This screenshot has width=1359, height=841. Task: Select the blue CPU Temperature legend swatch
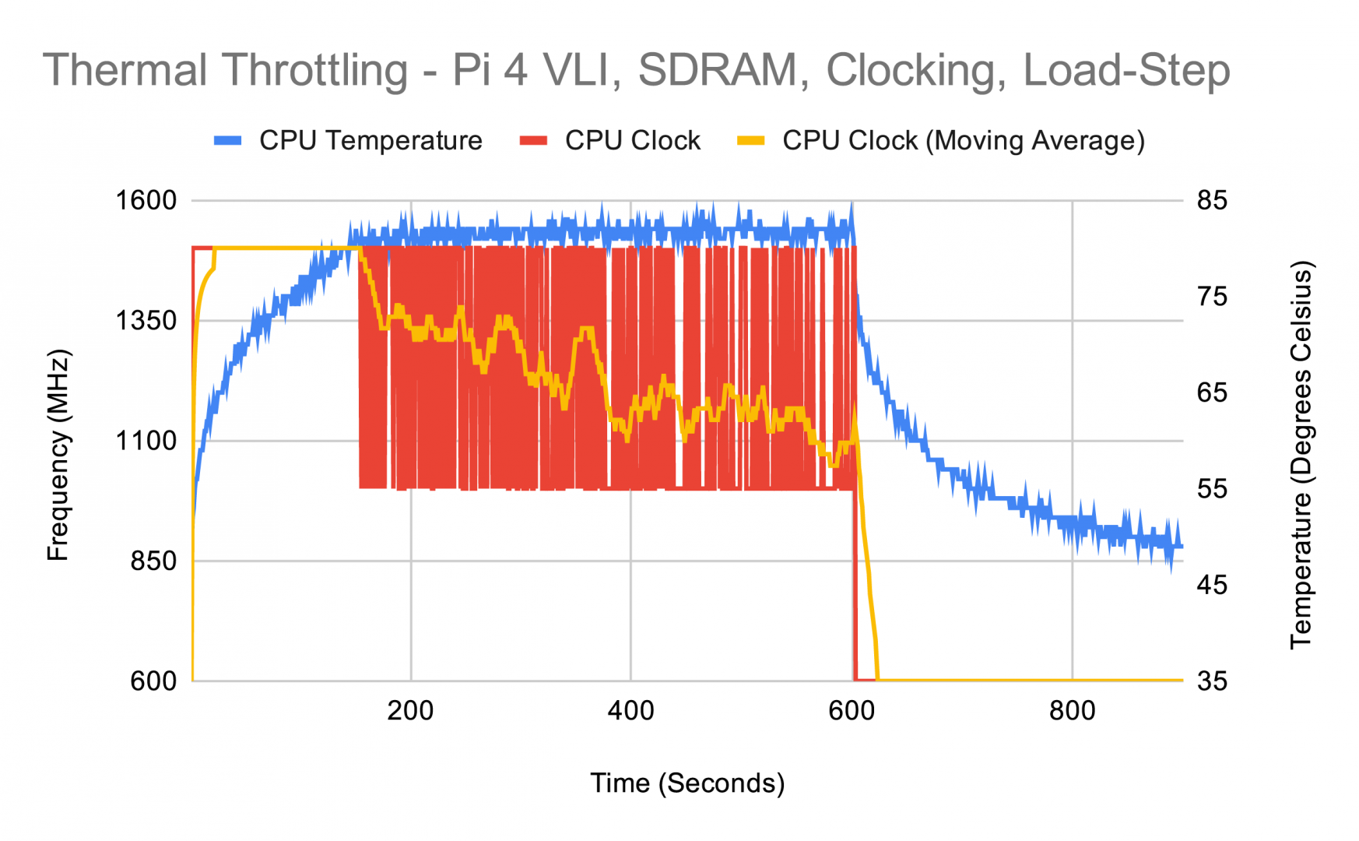(x=227, y=141)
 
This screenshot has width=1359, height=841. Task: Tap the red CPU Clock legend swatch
(x=533, y=141)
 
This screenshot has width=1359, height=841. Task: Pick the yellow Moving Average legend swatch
(x=750, y=141)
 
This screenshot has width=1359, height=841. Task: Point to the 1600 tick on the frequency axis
(x=146, y=201)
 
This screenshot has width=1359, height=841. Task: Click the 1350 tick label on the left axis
(x=146, y=321)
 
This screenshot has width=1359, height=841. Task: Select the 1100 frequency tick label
(x=146, y=442)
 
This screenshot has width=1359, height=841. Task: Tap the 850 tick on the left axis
(x=153, y=561)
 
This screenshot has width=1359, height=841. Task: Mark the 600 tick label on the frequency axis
(x=153, y=681)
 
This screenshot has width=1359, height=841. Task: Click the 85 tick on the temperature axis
(x=1212, y=201)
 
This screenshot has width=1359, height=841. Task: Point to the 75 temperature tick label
(x=1212, y=297)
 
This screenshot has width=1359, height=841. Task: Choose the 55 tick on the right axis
(x=1212, y=489)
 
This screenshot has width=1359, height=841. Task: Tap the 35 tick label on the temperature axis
(x=1212, y=681)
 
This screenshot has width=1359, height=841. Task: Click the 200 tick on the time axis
(x=411, y=711)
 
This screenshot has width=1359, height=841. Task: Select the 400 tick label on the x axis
(x=630, y=711)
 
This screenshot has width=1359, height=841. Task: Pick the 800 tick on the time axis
(x=1072, y=711)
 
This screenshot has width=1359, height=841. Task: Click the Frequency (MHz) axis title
(x=58, y=456)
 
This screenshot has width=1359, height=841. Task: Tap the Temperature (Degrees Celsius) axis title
(x=1301, y=456)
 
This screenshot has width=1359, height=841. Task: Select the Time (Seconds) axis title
(x=687, y=783)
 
